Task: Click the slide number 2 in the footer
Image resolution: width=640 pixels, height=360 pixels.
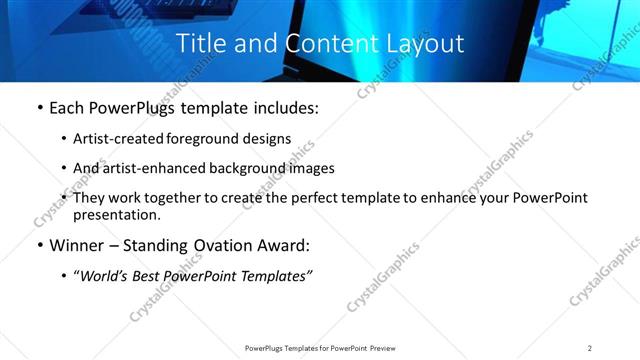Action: tap(590, 348)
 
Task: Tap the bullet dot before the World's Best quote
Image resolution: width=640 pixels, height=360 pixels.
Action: tap(65, 276)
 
